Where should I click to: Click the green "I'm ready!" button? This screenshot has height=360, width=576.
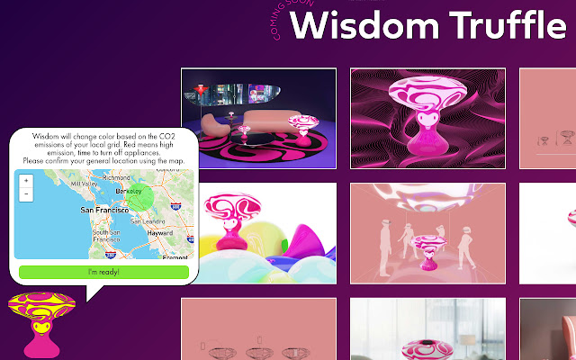coord(103,271)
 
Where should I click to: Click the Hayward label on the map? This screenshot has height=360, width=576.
coord(158,231)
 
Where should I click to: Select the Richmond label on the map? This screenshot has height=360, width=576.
coord(117,177)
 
